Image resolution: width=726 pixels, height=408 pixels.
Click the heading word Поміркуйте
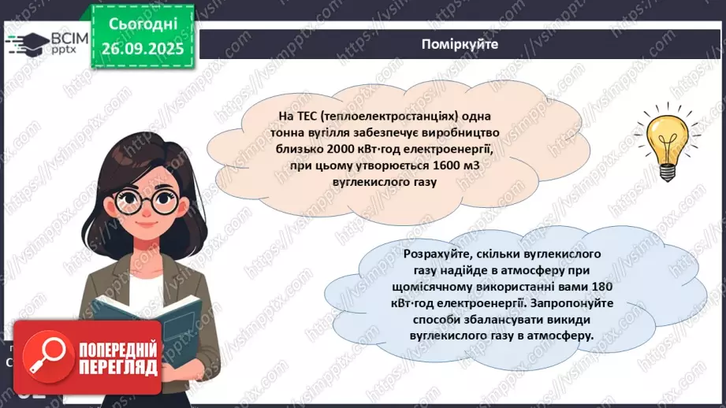(x=460, y=45)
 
